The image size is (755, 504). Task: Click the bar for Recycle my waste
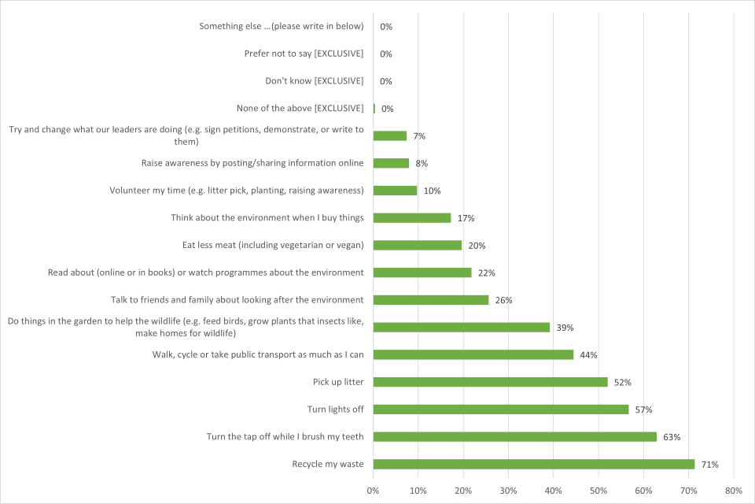533,464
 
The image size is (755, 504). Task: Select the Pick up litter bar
490,382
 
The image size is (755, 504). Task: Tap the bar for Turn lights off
500,409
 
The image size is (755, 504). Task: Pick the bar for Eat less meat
417,245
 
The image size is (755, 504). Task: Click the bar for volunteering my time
395,191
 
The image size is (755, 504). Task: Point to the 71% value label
710,465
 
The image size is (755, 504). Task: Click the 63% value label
672,437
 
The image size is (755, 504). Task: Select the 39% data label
565,328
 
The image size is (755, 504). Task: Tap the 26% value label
503,300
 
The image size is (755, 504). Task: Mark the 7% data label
419,136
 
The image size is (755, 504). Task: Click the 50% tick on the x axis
598,491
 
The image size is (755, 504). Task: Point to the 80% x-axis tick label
734,491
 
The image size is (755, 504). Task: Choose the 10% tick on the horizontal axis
418,491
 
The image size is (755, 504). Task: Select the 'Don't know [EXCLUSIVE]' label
314,81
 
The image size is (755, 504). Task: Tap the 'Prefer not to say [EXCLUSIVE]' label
304,54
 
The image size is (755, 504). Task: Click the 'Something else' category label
281,26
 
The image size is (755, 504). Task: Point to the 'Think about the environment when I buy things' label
267,217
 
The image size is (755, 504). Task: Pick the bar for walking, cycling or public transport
473,354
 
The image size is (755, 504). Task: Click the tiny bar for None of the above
374,109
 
